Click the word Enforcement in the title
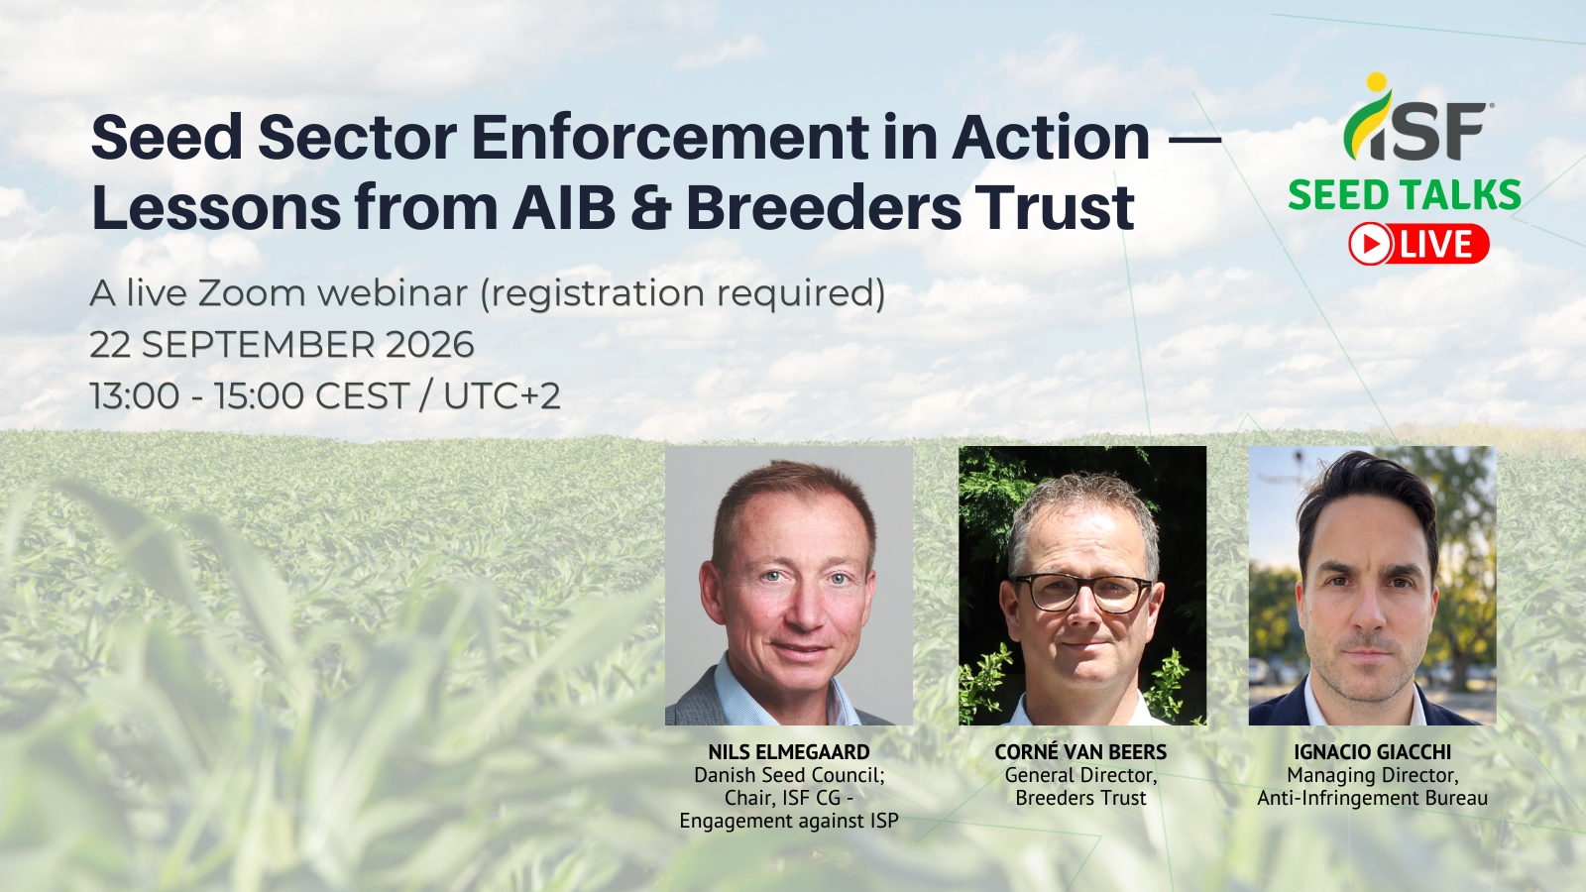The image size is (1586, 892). click(668, 138)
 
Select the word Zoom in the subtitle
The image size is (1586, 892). click(250, 293)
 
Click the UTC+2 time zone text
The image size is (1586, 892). click(502, 395)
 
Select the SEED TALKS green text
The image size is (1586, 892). click(1404, 195)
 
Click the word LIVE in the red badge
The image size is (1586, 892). click(1436, 244)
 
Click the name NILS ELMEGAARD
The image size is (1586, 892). click(789, 752)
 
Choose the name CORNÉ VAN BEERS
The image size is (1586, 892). click(1080, 752)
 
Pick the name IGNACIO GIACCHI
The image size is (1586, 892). click(1372, 752)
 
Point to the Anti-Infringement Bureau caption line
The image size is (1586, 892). click(1372, 799)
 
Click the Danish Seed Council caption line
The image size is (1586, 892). click(789, 775)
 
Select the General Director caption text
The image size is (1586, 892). click(1080, 776)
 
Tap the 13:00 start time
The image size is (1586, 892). click(135, 395)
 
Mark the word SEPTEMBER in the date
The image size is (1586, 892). click(259, 345)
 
